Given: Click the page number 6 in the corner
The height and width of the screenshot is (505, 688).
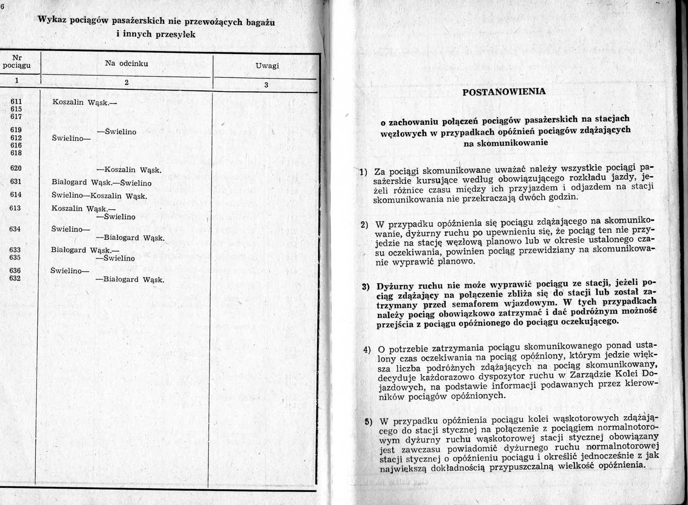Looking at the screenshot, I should [2, 6].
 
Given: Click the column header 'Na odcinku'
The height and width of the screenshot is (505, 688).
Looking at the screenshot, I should [126, 63].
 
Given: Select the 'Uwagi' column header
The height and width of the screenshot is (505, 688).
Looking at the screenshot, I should [267, 66].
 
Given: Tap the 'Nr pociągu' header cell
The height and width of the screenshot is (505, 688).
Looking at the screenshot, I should [17, 62].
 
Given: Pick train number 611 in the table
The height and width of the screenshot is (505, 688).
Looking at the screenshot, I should [16, 101].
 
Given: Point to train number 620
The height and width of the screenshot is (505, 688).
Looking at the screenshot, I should [16, 168].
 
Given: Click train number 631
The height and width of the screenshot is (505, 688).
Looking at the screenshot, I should [16, 182].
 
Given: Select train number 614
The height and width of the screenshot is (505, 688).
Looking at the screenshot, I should [16, 195].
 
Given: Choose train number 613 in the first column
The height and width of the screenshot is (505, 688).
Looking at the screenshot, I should [15, 208].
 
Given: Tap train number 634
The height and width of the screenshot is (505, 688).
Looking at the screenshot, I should [15, 229].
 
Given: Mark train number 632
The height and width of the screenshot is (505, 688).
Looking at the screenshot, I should [15, 278].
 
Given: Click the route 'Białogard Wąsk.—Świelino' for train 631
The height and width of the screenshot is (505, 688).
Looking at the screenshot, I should [101, 183].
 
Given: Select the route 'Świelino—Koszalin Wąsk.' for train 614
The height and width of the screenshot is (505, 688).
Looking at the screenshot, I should [99, 196].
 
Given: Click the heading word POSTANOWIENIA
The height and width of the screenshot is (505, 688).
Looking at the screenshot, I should [504, 92].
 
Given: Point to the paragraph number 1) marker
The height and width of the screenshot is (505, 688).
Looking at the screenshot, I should [362, 172].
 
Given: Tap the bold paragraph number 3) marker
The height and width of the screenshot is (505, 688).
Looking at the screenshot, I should [366, 286].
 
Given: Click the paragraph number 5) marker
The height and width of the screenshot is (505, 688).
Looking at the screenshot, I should [368, 422].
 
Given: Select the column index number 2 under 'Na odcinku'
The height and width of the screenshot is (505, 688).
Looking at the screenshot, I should [126, 82].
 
